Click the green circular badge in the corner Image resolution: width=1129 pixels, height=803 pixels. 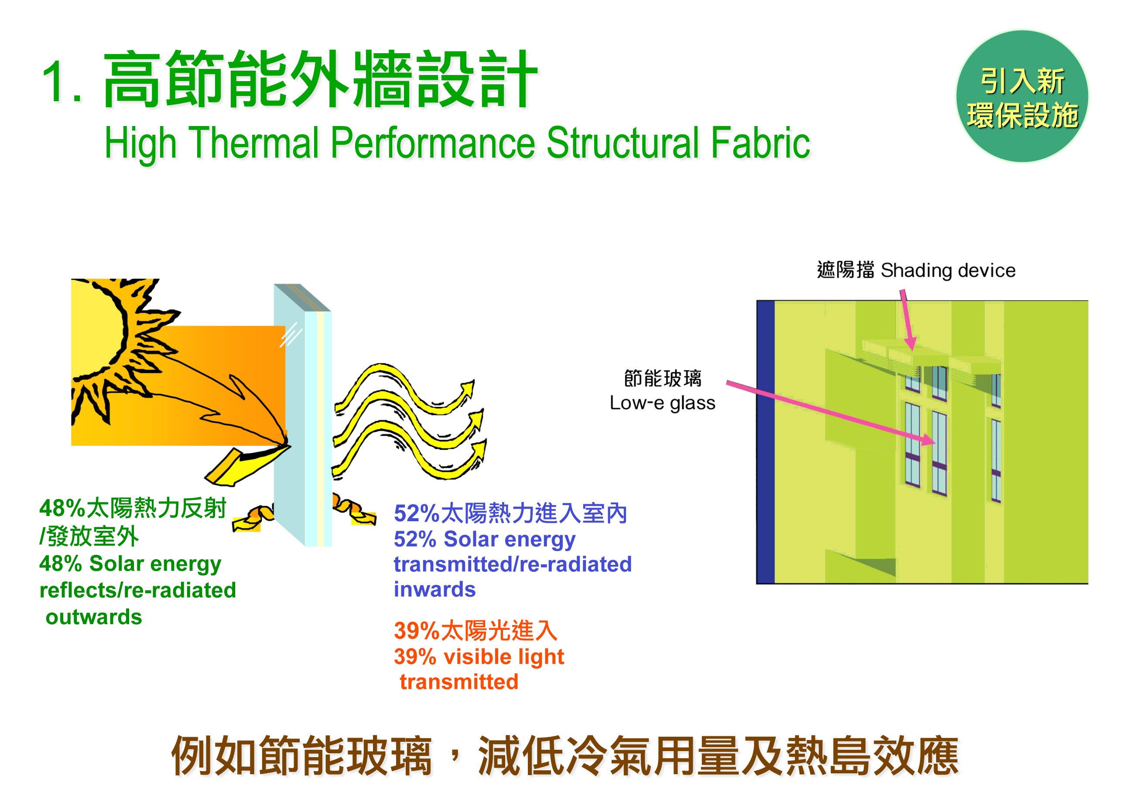click(1022, 96)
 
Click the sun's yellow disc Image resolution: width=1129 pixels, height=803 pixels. click(97, 329)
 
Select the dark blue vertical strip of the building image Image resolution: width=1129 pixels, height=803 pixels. click(766, 442)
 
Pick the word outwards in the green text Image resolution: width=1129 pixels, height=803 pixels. click(94, 617)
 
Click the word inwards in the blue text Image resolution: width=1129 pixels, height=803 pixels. click(434, 589)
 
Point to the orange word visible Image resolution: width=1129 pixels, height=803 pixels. click(477, 656)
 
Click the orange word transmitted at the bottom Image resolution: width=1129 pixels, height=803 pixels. click(459, 682)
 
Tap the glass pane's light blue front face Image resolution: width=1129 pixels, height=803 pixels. click(289, 415)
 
